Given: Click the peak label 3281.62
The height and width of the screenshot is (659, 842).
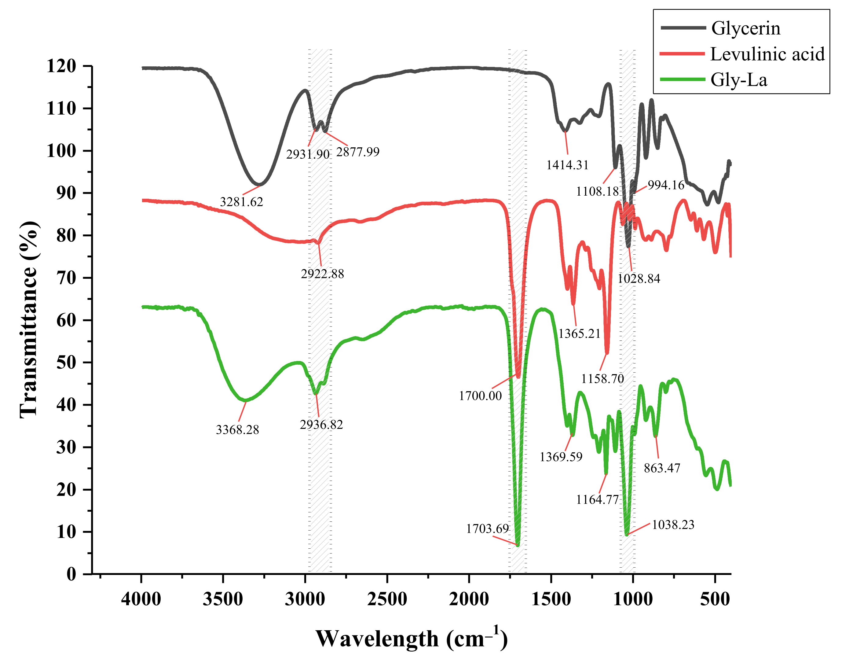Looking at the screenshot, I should pos(241,202).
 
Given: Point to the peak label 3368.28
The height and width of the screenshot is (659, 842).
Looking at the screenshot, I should pos(237,430).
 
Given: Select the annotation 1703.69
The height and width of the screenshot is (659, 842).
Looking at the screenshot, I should pos(488,528).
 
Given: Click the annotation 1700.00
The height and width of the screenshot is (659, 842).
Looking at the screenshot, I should pos(480,396).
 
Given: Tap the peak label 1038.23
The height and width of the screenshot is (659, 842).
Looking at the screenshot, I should pos(673,525).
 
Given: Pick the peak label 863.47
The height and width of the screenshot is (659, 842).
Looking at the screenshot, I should pos(662,468).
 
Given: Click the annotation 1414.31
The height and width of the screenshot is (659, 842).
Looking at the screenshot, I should pos(567,165).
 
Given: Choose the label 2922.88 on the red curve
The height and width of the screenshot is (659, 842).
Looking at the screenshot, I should pos(322,274).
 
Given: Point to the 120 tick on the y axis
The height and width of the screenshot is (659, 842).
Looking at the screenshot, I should pos(62,66).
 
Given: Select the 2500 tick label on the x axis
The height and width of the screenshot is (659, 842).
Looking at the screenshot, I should pos(387,599).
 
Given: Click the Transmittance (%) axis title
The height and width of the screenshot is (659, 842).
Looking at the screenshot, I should pos(29,319).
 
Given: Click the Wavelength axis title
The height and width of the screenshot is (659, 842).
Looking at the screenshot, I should pos(412,639).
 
